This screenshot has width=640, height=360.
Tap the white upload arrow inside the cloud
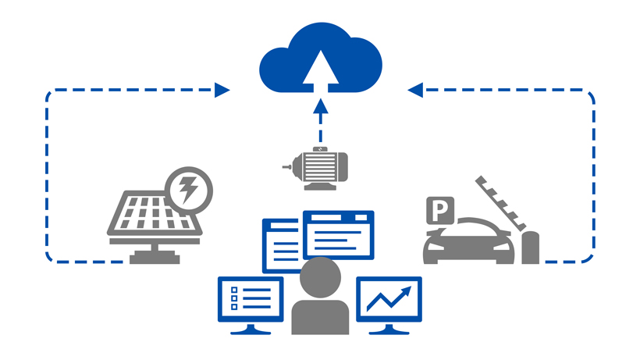click(321, 71)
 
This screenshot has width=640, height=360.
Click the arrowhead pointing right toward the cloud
click(222, 91)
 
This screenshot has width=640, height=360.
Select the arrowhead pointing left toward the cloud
click(415, 91)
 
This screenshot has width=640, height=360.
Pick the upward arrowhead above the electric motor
click(321, 106)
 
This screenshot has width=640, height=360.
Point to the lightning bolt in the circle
click(188, 190)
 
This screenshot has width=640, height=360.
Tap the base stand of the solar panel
click(155, 254)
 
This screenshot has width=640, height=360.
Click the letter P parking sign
click(440, 210)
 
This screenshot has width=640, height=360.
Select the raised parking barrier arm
click(500, 203)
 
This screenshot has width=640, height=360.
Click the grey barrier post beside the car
click(530, 248)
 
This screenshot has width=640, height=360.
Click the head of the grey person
click(321, 277)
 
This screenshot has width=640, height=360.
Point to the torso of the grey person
click(321, 318)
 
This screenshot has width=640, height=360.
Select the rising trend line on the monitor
click(389, 299)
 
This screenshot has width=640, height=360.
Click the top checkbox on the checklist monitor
click(234, 290)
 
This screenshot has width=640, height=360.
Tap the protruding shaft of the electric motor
click(288, 167)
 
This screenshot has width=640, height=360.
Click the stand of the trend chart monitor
click(389, 329)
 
